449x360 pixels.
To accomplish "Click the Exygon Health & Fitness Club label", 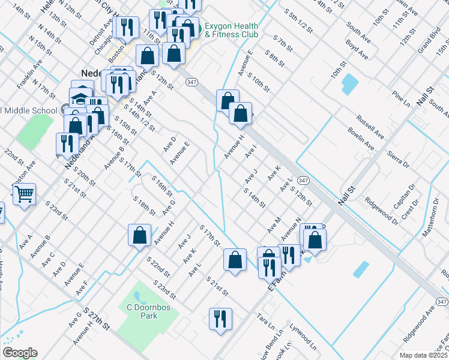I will (x=232, y=30).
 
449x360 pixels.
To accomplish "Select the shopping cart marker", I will (x=24, y=194).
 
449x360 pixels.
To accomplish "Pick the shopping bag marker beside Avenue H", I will (x=139, y=236).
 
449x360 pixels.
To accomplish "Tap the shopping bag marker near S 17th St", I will (x=235, y=260).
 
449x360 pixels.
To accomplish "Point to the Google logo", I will (x=20, y=353).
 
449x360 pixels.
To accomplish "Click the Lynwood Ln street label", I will (x=303, y=337).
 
